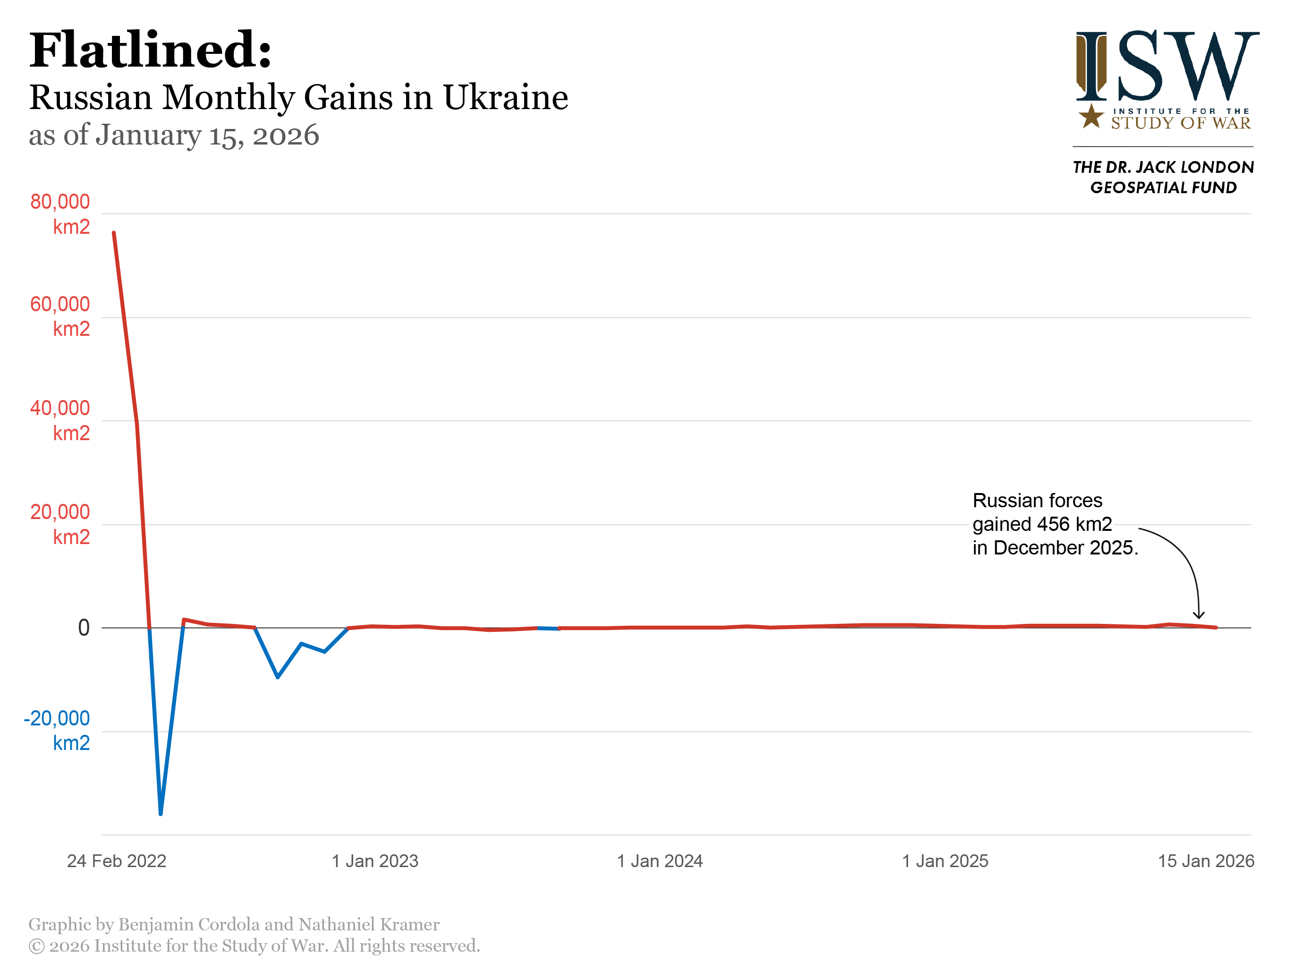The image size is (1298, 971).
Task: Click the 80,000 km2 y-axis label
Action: pyautogui.click(x=60, y=213)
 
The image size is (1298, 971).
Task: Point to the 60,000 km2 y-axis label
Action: pyautogui.click(x=60, y=316)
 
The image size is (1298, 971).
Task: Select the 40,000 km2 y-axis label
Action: pyautogui.click(x=60, y=420)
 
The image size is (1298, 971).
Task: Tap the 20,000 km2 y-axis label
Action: pyautogui.click(x=60, y=524)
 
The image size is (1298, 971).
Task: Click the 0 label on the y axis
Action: pyautogui.click(x=84, y=628)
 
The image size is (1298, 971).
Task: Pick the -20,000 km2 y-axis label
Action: pyautogui.click(x=57, y=730)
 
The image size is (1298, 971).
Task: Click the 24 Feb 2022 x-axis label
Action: pyautogui.click(x=117, y=861)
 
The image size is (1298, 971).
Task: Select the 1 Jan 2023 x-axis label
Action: pyautogui.click(x=375, y=861)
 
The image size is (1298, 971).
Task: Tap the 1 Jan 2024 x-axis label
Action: pyautogui.click(x=660, y=861)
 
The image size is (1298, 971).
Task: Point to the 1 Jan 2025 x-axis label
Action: pyautogui.click(x=945, y=861)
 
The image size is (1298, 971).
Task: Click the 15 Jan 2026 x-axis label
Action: pyautogui.click(x=1206, y=861)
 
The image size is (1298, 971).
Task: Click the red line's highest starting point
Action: pyautogui.click(x=114, y=233)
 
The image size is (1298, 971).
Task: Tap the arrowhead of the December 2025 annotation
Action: pyautogui.click(x=1199, y=616)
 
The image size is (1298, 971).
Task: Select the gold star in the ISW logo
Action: pyautogui.click(x=1091, y=116)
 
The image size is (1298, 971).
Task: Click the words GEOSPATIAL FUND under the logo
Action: pyautogui.click(x=1163, y=188)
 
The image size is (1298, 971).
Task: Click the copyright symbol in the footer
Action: pyautogui.click(x=36, y=946)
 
